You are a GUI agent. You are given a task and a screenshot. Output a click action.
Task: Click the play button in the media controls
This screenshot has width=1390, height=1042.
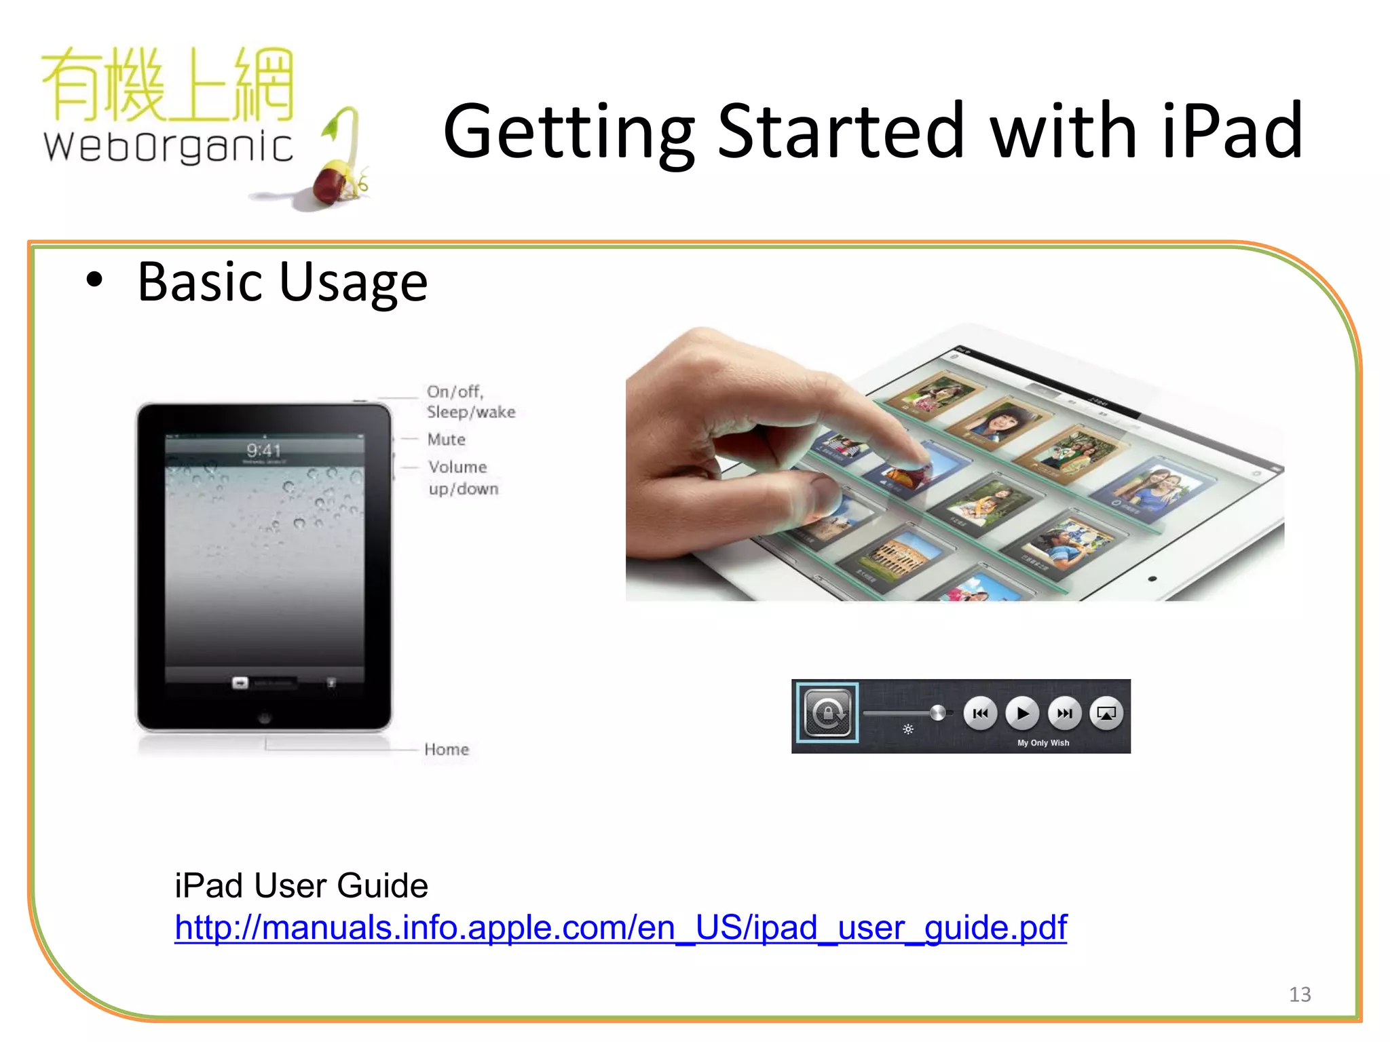click(1022, 713)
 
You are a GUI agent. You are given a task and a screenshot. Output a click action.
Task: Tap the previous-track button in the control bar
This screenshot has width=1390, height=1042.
click(980, 713)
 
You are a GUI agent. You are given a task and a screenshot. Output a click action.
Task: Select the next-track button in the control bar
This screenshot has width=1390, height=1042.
click(1064, 713)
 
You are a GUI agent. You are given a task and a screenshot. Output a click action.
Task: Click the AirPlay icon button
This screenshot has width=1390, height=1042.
click(1106, 713)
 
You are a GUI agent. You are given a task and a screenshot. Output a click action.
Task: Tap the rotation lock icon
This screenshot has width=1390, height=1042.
click(827, 713)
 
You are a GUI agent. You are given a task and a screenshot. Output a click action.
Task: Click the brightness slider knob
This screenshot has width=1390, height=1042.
click(938, 712)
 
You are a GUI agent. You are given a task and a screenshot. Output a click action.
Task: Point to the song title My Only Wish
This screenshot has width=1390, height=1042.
click(1043, 743)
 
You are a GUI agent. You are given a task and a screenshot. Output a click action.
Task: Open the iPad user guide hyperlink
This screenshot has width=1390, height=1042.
click(620, 927)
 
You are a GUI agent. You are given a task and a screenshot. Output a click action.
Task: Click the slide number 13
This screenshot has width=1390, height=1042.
click(1300, 995)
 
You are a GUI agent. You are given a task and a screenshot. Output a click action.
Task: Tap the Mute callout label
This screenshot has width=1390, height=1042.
click(447, 440)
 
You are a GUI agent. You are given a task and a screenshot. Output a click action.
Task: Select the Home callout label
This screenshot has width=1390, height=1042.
click(447, 750)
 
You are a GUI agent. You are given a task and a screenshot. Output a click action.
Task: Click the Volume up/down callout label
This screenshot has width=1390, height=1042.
click(463, 478)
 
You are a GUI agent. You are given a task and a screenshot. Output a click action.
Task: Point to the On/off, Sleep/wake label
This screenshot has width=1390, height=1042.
click(470, 402)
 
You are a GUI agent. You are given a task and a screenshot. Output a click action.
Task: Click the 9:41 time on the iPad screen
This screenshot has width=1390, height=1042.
click(263, 450)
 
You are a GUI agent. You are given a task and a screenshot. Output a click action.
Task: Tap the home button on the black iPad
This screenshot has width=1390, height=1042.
click(264, 717)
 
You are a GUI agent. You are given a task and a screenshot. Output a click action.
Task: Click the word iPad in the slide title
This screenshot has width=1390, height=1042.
click(1232, 131)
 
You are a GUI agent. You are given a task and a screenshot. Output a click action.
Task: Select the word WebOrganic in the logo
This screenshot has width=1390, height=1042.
click(168, 147)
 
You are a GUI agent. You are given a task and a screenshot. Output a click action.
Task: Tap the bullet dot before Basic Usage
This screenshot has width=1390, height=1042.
click(94, 280)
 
